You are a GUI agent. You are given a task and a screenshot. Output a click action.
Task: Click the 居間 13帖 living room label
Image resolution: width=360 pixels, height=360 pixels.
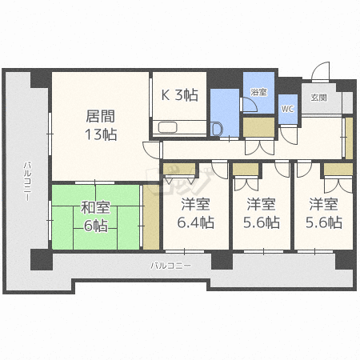click(x=101, y=125)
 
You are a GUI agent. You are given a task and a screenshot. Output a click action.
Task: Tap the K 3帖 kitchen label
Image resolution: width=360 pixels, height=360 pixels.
click(x=179, y=94)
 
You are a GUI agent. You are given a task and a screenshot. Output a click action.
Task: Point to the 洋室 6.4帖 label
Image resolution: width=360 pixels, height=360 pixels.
click(x=195, y=213)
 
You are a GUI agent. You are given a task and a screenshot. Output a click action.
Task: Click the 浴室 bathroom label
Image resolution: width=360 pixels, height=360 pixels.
click(x=258, y=92)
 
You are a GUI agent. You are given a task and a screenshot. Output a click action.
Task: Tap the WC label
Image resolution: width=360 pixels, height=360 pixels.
click(x=287, y=109)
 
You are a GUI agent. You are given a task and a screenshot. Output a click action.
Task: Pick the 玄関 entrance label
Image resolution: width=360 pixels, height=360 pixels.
click(x=318, y=98)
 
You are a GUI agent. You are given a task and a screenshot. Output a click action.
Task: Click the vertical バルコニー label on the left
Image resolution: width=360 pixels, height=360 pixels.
click(x=27, y=182)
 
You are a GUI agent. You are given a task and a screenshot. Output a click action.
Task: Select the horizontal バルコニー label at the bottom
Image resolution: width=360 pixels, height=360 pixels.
click(x=170, y=266)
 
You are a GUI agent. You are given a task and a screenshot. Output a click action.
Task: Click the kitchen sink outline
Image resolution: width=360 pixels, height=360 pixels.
click(x=168, y=127)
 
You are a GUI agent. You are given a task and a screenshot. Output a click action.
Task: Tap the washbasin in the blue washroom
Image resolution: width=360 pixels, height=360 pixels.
click(x=216, y=130)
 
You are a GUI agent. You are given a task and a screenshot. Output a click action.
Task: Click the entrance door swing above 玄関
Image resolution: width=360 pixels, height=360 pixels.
click(x=321, y=71)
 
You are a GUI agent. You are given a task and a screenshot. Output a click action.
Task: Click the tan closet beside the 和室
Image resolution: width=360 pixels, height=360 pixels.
click(x=151, y=217)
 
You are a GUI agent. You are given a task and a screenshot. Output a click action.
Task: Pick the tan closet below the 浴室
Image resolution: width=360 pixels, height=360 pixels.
click(x=258, y=127)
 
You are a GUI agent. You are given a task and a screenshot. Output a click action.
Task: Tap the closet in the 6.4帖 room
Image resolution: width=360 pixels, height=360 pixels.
click(x=179, y=169)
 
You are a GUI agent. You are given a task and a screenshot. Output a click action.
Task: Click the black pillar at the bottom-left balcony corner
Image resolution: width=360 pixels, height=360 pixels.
click(x=42, y=259)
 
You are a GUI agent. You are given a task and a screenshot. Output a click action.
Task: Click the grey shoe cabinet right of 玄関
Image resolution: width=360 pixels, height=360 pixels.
click(x=347, y=102)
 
